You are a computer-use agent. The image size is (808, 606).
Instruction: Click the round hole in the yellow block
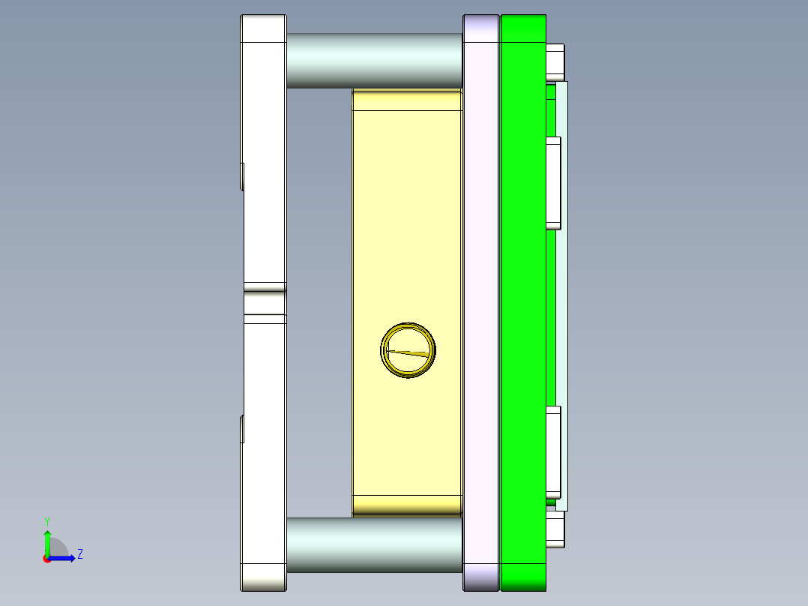pyautogui.click(x=408, y=351)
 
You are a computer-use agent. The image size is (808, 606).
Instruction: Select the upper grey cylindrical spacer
pyautogui.click(x=373, y=60)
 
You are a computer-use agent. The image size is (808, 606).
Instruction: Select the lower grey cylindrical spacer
pyautogui.click(x=373, y=544)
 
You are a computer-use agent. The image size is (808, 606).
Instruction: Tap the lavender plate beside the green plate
pyautogui.click(x=481, y=300)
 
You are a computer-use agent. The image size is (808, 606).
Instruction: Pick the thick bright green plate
pyautogui.click(x=522, y=300)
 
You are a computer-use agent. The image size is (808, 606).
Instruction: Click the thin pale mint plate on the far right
pyautogui.click(x=562, y=300)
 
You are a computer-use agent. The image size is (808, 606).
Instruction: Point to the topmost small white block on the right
pyautogui.click(x=555, y=61)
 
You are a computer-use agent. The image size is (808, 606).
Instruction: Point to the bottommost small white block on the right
pyautogui.click(x=555, y=529)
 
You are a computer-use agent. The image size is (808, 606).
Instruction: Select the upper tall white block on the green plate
pyautogui.click(x=553, y=183)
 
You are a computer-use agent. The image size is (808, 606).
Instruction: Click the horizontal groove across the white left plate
pyautogui.click(x=264, y=303)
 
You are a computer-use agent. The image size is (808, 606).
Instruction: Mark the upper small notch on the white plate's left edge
pyautogui.click(x=242, y=177)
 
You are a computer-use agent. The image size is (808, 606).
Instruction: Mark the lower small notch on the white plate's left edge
pyautogui.click(x=242, y=429)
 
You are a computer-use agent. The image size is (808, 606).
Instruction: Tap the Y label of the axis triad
pyautogui.click(x=46, y=520)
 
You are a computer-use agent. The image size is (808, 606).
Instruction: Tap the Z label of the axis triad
pyautogui.click(x=79, y=554)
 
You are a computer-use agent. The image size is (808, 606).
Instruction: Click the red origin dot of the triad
pyautogui.click(x=46, y=558)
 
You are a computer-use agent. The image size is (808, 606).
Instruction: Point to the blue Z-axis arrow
pyautogui.click(x=63, y=558)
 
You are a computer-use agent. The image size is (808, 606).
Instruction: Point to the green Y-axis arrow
pyautogui.click(x=47, y=542)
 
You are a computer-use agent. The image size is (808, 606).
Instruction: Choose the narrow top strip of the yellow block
pyautogui.click(x=406, y=99)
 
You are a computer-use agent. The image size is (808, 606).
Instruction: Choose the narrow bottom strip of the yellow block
pyautogui.click(x=406, y=505)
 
